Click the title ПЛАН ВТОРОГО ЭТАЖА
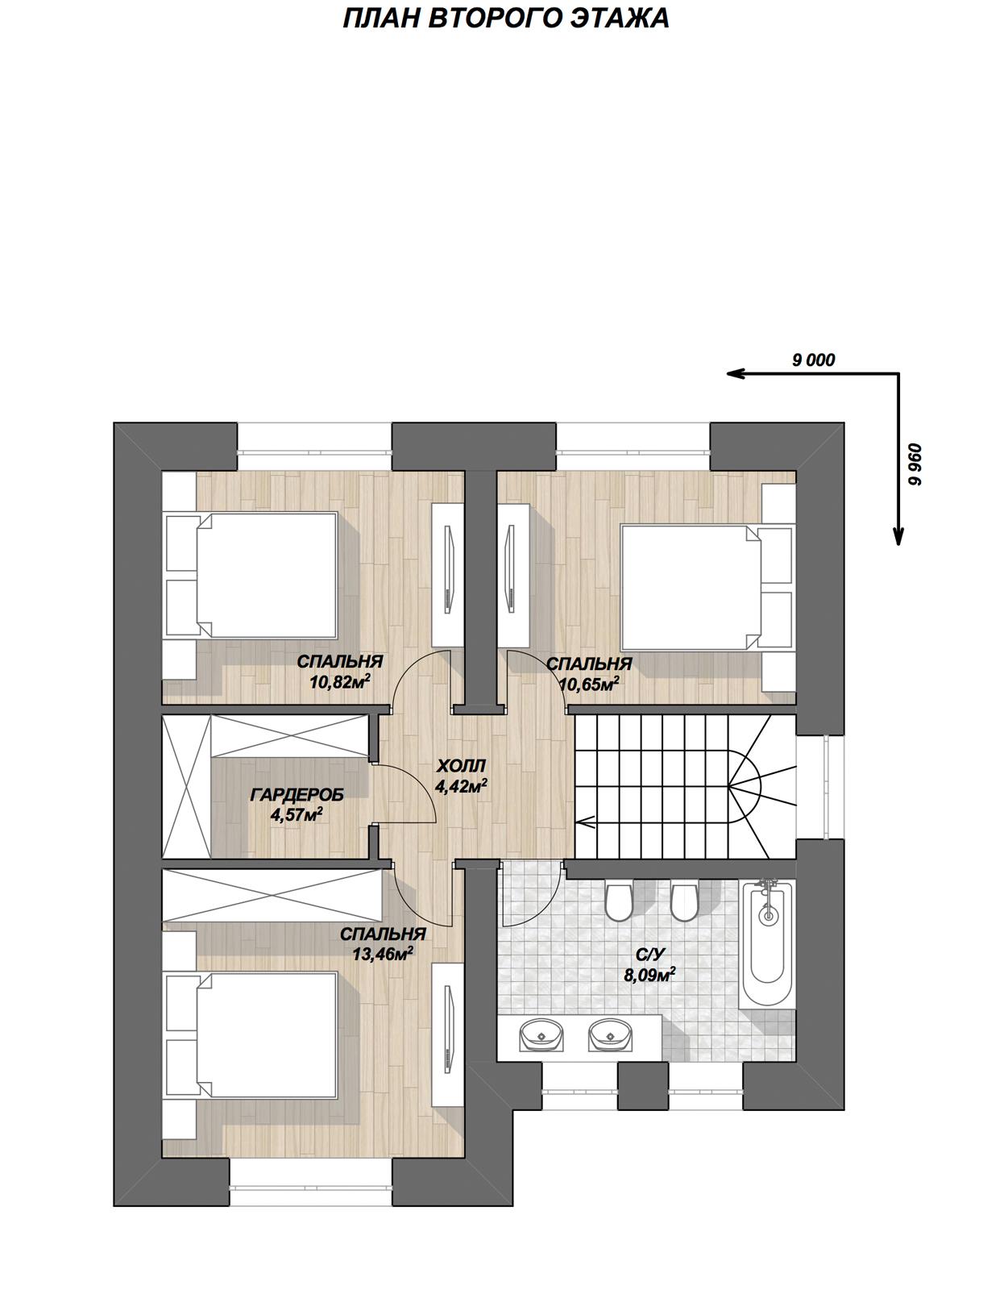point(505,19)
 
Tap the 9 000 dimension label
point(813,360)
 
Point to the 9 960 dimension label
point(916,464)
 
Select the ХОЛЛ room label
point(461,766)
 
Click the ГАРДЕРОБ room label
point(297,795)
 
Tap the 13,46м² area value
point(383,953)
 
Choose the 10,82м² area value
point(340,682)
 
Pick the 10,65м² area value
point(590,684)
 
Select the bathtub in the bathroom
point(767,943)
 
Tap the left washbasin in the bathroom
point(541,1035)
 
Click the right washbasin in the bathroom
point(611,1035)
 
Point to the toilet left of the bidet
point(618,901)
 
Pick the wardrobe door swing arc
point(421,779)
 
